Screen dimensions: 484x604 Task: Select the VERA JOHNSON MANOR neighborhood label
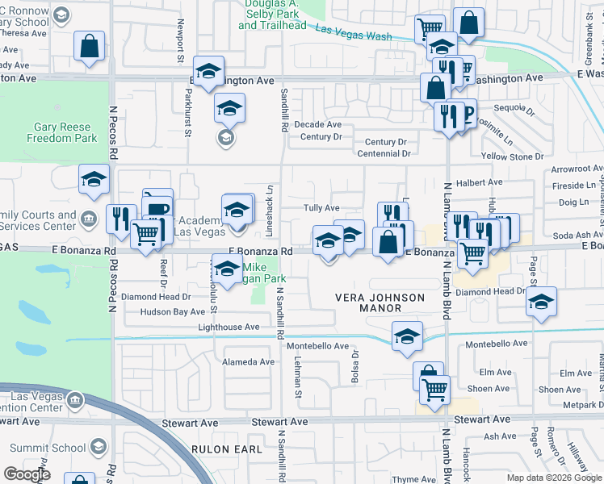pos(380,303)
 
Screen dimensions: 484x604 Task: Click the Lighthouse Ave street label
pos(229,327)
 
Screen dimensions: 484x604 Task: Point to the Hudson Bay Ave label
pos(173,311)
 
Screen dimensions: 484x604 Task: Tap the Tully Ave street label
pos(321,208)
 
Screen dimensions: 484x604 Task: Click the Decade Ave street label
pos(317,125)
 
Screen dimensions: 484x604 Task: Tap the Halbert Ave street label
pos(479,183)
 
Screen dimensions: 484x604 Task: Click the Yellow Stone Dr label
pos(512,156)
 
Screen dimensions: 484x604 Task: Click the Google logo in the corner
pos(27,474)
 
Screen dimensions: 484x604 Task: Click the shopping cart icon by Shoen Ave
pos(436,390)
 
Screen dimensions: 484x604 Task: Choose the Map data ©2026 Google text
pos(553,478)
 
